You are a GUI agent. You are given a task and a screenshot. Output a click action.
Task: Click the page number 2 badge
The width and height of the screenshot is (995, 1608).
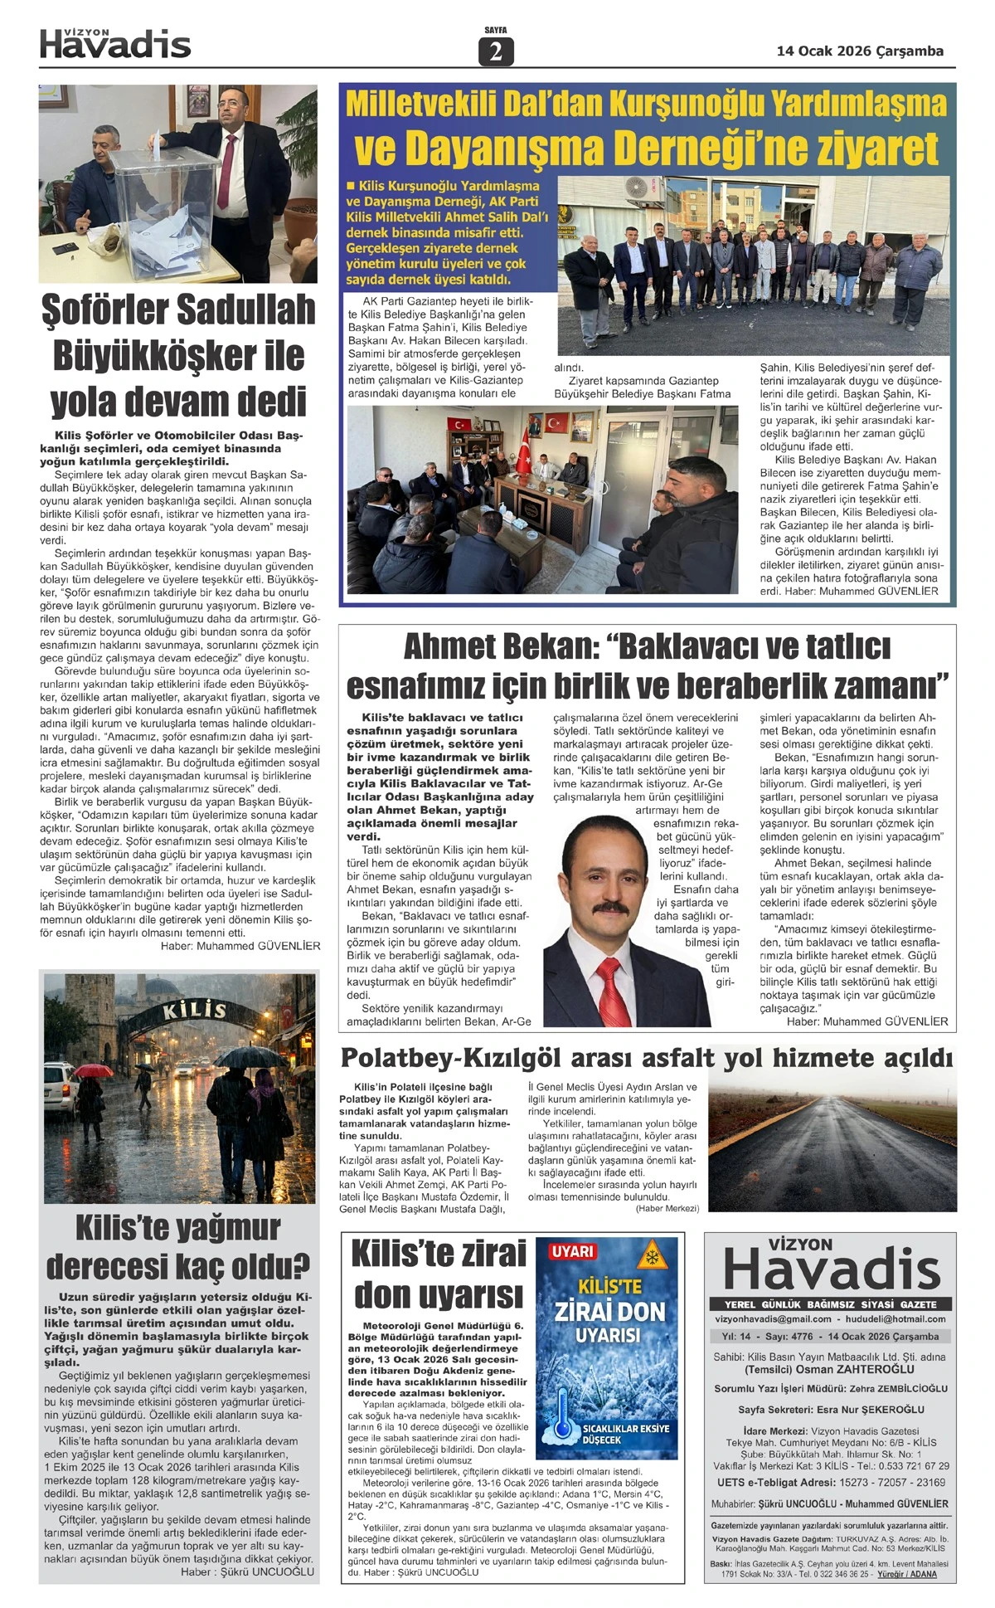point(496,52)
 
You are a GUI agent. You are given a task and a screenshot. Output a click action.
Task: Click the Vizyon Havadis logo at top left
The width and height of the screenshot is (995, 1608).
point(115,44)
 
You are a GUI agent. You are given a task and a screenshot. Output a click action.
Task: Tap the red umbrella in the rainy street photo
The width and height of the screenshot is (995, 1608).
point(94,1070)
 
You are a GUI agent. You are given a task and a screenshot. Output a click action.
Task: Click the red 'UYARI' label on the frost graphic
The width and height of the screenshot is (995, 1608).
point(573,1251)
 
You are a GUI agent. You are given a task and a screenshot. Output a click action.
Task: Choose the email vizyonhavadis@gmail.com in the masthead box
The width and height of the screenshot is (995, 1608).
point(773,1318)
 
